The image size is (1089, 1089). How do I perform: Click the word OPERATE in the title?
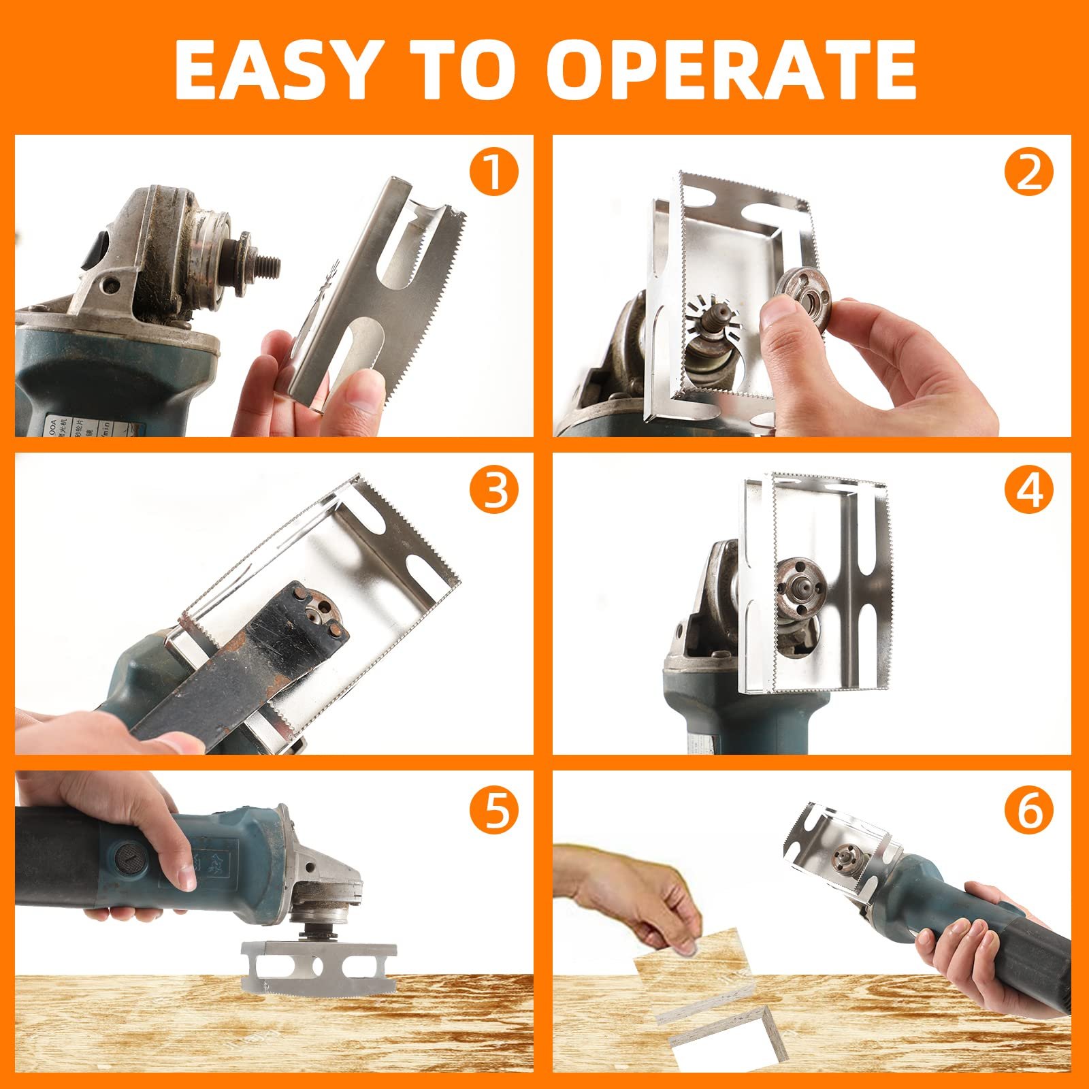pyautogui.click(x=731, y=70)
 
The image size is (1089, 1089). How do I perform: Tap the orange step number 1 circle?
pyautogui.click(x=493, y=173)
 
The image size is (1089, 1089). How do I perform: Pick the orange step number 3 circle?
pyautogui.click(x=493, y=491)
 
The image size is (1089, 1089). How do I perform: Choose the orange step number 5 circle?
pyautogui.click(x=493, y=809)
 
